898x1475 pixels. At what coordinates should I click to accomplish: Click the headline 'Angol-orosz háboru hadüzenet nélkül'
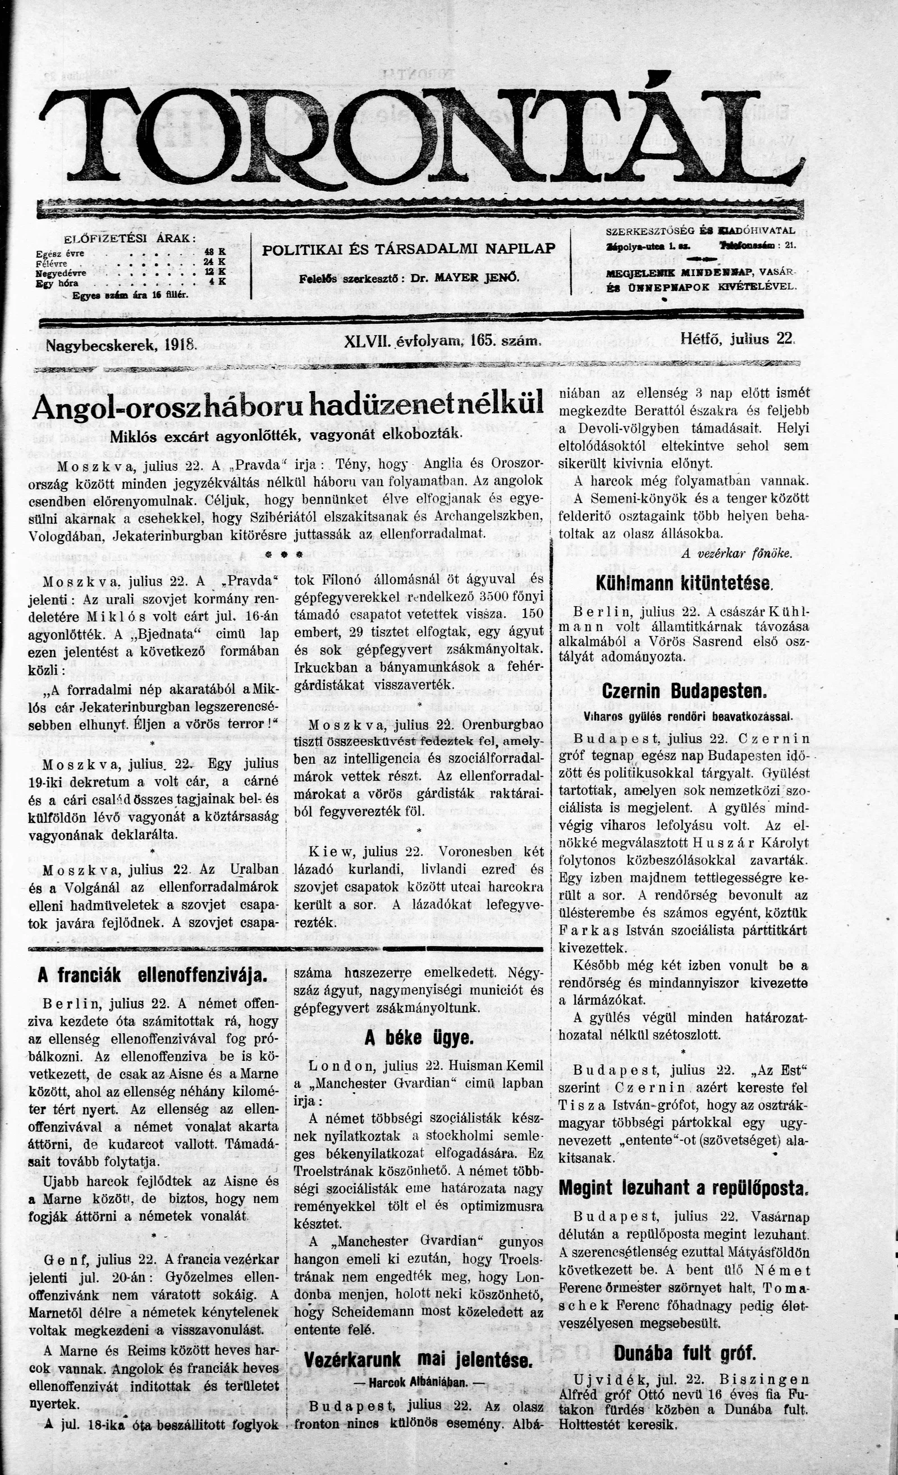pos(288,405)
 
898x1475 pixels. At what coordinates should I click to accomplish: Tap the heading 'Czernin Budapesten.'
pos(684,691)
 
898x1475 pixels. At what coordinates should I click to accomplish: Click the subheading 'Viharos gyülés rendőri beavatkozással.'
pos(684,716)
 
